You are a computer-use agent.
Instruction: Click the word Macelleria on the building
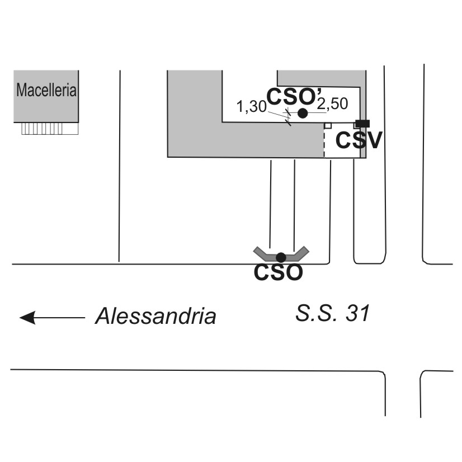[46, 90]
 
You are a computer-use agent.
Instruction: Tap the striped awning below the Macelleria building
[49, 129]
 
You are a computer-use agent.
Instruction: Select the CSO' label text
[290, 97]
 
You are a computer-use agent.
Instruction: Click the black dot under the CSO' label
[303, 113]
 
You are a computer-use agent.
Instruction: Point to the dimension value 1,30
[251, 106]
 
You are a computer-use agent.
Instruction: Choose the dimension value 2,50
[333, 104]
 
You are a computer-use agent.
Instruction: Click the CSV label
[359, 140]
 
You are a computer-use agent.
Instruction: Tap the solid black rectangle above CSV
[362, 123]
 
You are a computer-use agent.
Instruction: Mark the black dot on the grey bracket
[281, 257]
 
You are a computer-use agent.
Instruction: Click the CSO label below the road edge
[279, 273]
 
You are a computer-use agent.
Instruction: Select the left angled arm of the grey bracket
[262, 253]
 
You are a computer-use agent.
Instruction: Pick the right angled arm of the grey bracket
[300, 253]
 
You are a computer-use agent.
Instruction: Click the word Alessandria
[155, 317]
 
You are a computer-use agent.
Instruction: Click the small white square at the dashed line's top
[328, 126]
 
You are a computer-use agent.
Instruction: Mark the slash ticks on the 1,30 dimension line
[288, 117]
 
